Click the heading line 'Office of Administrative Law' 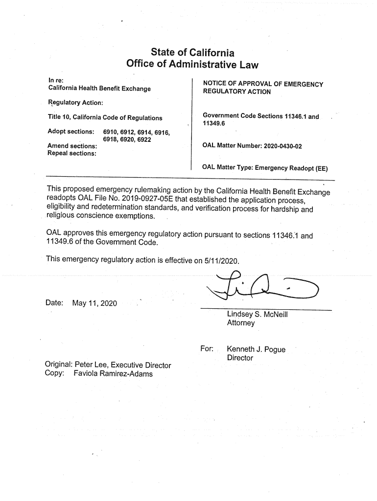coord(192,65)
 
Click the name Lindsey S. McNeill coord(257,314)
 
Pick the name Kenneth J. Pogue coord(256,349)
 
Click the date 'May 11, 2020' coord(94,303)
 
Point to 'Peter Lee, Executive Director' coord(123,365)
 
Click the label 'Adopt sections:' coord(71,132)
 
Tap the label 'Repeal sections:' coord(71,153)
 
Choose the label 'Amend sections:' coord(71,146)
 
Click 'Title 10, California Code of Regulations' coord(105,118)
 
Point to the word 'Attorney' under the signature coord(240,323)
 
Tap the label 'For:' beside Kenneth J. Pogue coord(207,349)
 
